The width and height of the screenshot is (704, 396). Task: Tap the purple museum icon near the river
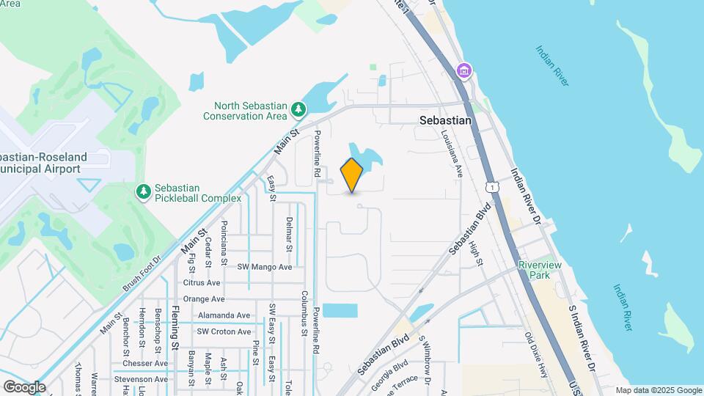463,71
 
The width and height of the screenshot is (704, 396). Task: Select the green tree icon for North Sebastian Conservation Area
298,109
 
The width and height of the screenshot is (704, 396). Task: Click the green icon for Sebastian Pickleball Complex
144,191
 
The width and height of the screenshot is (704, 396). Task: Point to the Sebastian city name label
444,120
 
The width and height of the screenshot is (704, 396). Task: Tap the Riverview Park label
540,270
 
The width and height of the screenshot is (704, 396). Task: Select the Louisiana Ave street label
452,154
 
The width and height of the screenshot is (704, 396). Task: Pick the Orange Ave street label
203,299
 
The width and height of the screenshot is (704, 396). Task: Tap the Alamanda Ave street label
224,315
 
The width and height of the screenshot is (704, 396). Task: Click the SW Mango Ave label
265,267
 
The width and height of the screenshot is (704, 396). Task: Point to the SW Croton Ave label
224,331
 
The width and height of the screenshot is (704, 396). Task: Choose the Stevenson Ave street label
141,379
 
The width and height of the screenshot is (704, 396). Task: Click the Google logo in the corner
24,386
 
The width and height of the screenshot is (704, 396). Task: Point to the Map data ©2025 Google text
658,390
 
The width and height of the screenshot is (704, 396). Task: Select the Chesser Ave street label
145,363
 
